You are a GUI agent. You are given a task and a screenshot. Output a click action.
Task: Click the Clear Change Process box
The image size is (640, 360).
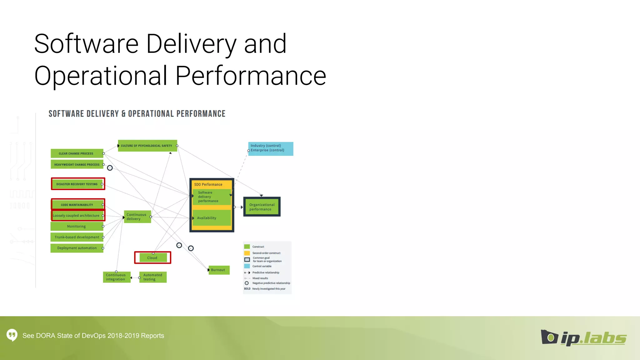77,153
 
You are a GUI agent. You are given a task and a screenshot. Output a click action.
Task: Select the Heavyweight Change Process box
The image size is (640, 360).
77,164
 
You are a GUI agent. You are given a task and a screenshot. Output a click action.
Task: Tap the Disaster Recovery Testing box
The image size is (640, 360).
78,184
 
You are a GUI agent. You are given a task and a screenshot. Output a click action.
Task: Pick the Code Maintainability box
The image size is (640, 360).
77,205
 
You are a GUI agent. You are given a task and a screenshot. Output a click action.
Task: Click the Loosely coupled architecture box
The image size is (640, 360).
77,216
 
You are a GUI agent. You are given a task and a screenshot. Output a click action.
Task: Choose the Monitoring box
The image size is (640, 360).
77,226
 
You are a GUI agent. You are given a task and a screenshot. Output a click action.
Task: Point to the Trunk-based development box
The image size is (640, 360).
77,237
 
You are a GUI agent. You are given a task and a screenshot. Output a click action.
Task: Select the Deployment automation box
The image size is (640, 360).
77,248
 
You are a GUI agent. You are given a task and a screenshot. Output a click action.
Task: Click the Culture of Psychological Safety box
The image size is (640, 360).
147,146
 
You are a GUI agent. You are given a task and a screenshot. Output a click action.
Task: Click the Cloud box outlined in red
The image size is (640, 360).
152,258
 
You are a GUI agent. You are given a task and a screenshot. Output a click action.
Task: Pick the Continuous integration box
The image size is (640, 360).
117,277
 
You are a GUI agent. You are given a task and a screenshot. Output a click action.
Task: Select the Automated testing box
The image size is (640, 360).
153,277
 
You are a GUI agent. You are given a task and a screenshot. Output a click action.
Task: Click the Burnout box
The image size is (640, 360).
219,270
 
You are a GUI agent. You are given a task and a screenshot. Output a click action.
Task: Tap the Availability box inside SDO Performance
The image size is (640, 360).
212,218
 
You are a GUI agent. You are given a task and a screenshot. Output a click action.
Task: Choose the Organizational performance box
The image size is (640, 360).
262,207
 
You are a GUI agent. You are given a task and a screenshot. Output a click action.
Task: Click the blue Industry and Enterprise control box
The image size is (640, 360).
271,149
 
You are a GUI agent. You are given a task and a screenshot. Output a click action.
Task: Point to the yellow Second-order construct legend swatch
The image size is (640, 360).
247,253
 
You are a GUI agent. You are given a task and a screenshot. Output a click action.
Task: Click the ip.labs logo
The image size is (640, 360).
584,338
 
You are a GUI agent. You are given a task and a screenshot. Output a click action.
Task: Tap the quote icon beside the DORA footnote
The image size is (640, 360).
12,335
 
